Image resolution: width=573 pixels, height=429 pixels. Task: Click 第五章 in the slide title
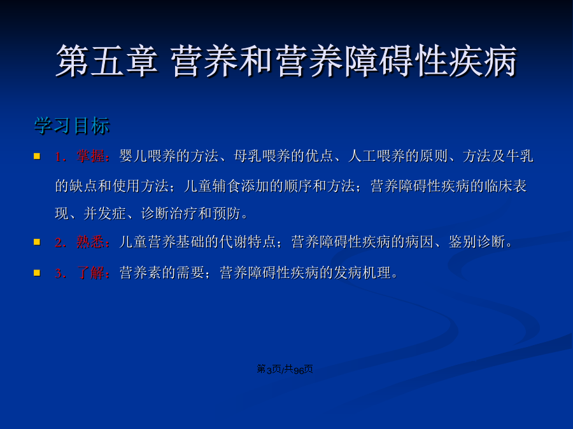107,61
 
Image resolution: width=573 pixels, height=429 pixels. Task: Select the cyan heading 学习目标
71,126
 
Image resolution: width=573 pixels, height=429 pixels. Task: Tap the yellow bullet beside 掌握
37,156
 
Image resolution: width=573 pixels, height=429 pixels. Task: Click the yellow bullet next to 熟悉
37,242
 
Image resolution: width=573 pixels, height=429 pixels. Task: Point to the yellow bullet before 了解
37,273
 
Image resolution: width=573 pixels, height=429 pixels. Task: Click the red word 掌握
90,156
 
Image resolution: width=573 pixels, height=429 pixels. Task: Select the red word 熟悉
90,242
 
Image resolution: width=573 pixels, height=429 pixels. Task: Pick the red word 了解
90,273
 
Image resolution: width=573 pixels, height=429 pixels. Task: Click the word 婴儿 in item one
134,156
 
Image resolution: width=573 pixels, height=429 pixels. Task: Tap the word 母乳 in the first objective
248,156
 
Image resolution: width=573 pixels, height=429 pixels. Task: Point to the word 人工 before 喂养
362,156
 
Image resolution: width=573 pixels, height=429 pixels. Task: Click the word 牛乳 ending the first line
520,156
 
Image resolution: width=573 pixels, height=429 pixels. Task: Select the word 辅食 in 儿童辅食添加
226,186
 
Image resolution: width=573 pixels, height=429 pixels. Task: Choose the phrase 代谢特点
248,242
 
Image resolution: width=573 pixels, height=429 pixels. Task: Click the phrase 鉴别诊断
477,242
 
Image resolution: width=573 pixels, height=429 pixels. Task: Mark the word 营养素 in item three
141,273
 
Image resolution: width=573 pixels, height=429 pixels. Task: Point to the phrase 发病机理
362,273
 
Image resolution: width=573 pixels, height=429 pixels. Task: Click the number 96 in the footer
299,371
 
